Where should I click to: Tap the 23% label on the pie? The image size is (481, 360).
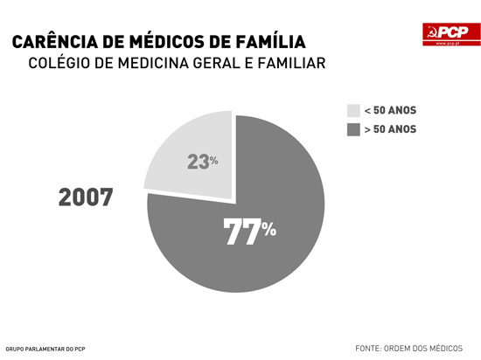202,162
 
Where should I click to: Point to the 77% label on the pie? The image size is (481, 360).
250,232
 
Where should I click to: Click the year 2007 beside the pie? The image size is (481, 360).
86,197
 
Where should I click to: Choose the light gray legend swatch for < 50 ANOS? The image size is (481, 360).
353,111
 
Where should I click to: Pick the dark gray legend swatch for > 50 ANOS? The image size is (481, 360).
353,130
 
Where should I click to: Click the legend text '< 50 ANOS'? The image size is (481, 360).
390,111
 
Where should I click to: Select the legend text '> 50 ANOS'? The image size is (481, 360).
390,130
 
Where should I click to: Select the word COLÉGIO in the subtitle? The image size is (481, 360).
59,65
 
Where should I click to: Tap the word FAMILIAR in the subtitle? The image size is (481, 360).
285,65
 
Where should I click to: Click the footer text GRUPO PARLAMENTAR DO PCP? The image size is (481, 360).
45,349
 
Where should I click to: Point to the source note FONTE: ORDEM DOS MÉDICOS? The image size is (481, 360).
408,348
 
